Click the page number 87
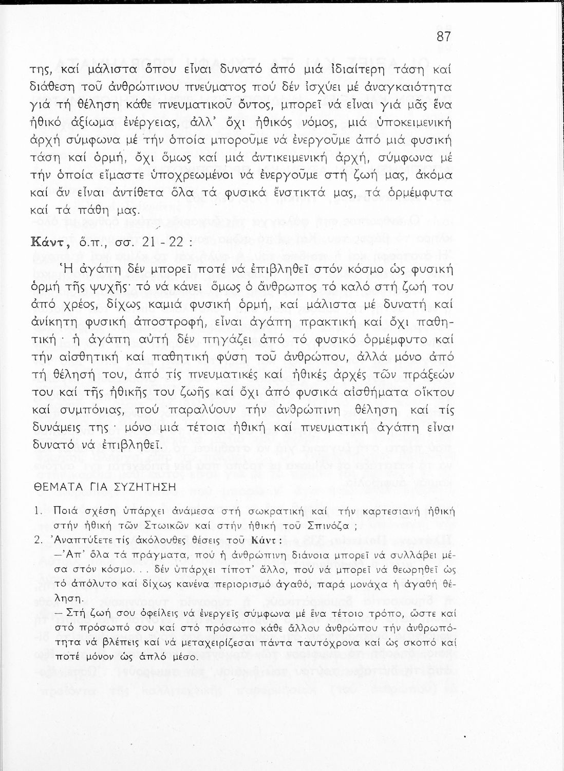click(443, 37)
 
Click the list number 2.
click(37, 541)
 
